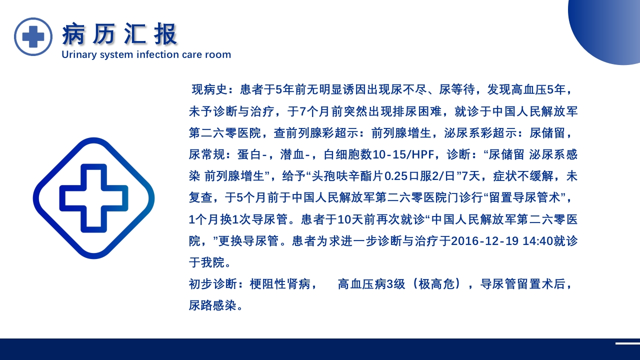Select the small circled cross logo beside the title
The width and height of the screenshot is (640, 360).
[33, 36]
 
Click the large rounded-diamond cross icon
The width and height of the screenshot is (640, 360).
[93, 198]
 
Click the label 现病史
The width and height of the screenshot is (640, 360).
[209, 90]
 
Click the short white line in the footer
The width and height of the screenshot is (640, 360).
[627, 343]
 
